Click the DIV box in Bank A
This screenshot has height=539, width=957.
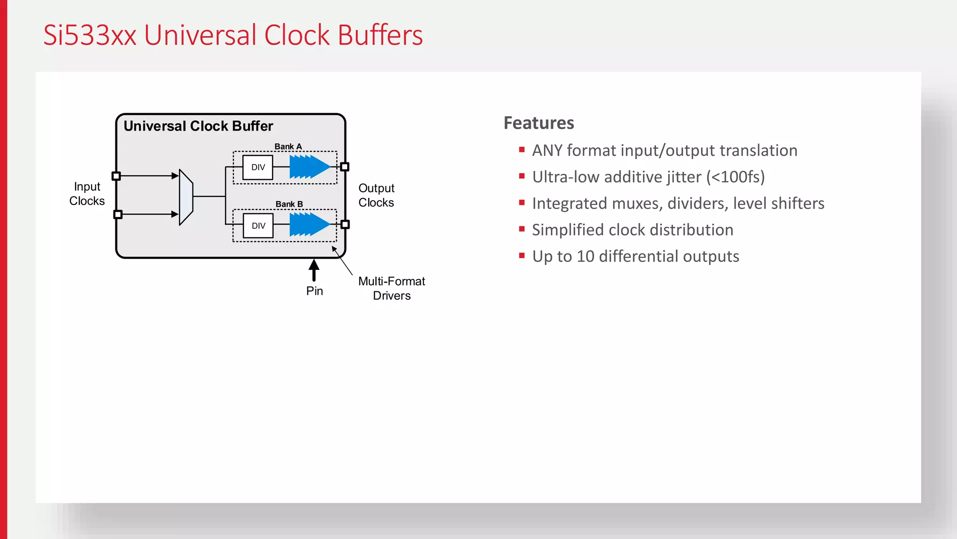pos(258,168)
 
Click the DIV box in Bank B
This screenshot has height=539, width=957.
pos(258,226)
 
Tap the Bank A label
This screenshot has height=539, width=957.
pos(288,146)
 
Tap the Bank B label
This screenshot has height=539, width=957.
pos(289,204)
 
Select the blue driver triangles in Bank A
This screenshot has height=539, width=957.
pos(309,167)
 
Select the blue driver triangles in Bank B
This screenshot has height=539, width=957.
pos(309,225)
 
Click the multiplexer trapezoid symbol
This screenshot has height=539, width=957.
pos(186,197)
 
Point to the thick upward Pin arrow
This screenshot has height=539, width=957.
pos(314,270)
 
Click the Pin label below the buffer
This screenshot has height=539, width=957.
pos(314,291)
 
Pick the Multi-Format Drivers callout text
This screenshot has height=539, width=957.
pos(392,288)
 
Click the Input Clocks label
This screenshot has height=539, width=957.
pos(87,194)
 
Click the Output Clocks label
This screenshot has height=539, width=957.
pos(376,195)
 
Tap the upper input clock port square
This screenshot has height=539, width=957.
pos(116,176)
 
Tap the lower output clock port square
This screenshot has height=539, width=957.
pos(345,225)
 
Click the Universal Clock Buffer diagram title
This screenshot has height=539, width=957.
pos(198,126)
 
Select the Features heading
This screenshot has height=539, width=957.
pos(539,123)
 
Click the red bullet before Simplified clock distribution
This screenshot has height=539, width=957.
pos(522,229)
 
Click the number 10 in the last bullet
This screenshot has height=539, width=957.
pos(585,256)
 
